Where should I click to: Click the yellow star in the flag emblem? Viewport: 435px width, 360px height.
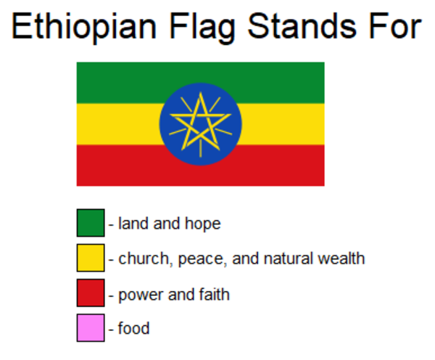point(199,123)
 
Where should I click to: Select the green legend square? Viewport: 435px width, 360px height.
point(91,223)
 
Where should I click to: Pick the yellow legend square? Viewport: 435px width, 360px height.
point(91,258)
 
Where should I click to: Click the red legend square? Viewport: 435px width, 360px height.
point(91,293)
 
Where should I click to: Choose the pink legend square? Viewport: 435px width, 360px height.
point(91,328)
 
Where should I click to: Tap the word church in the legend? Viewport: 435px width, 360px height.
point(142,258)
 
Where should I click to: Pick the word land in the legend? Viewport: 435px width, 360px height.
point(130,224)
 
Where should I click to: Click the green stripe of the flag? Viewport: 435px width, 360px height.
point(116,81)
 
